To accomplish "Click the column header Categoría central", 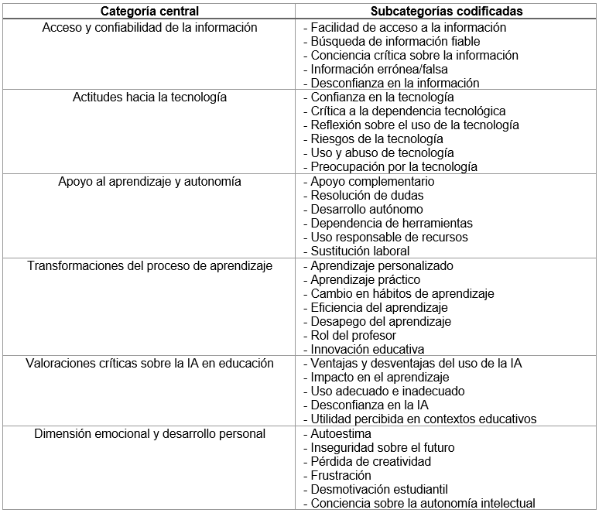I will (x=150, y=12).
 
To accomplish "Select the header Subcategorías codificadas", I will (x=447, y=12).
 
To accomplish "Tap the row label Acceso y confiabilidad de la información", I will (x=150, y=28).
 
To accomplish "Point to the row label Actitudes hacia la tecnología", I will (x=150, y=97).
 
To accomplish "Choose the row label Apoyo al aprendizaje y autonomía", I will (x=150, y=182).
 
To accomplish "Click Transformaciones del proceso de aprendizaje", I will (x=150, y=266).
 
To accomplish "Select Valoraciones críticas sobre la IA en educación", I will (x=150, y=364).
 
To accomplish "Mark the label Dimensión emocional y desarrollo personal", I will (x=150, y=434).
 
